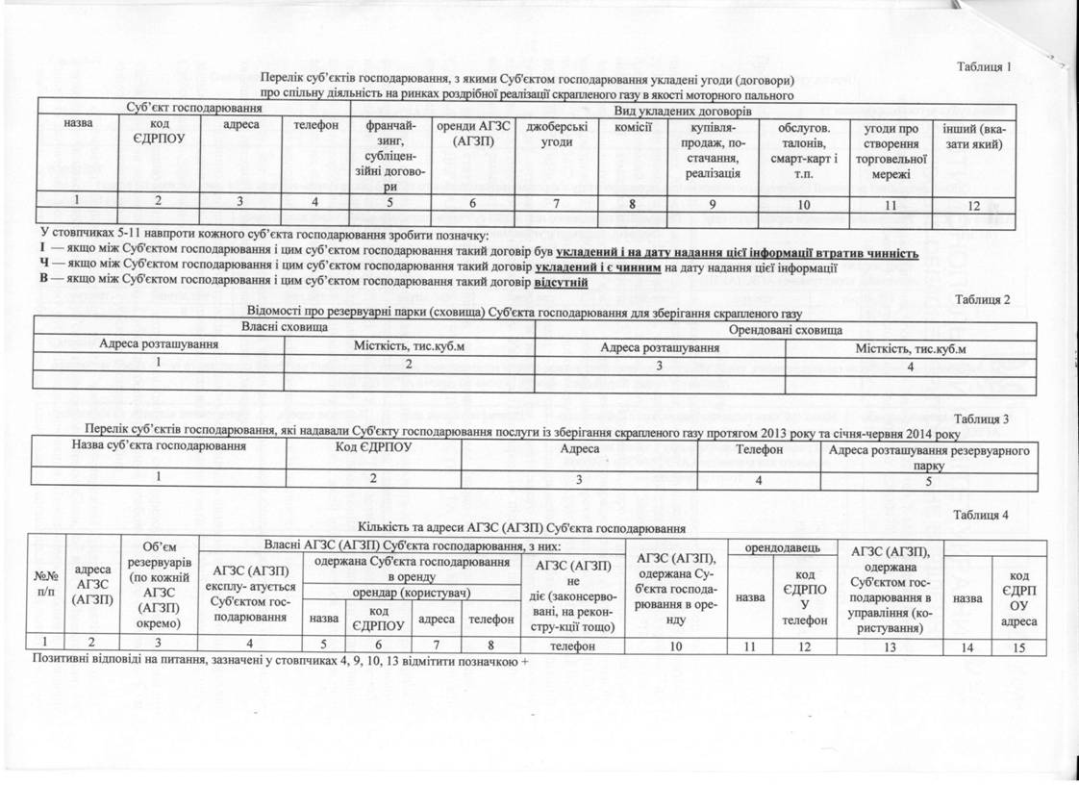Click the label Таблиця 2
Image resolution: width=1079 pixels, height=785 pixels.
click(x=980, y=299)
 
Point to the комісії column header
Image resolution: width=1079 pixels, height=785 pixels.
click(x=633, y=126)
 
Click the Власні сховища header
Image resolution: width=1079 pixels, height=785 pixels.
click(x=283, y=329)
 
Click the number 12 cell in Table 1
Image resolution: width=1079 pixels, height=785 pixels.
click(x=973, y=204)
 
